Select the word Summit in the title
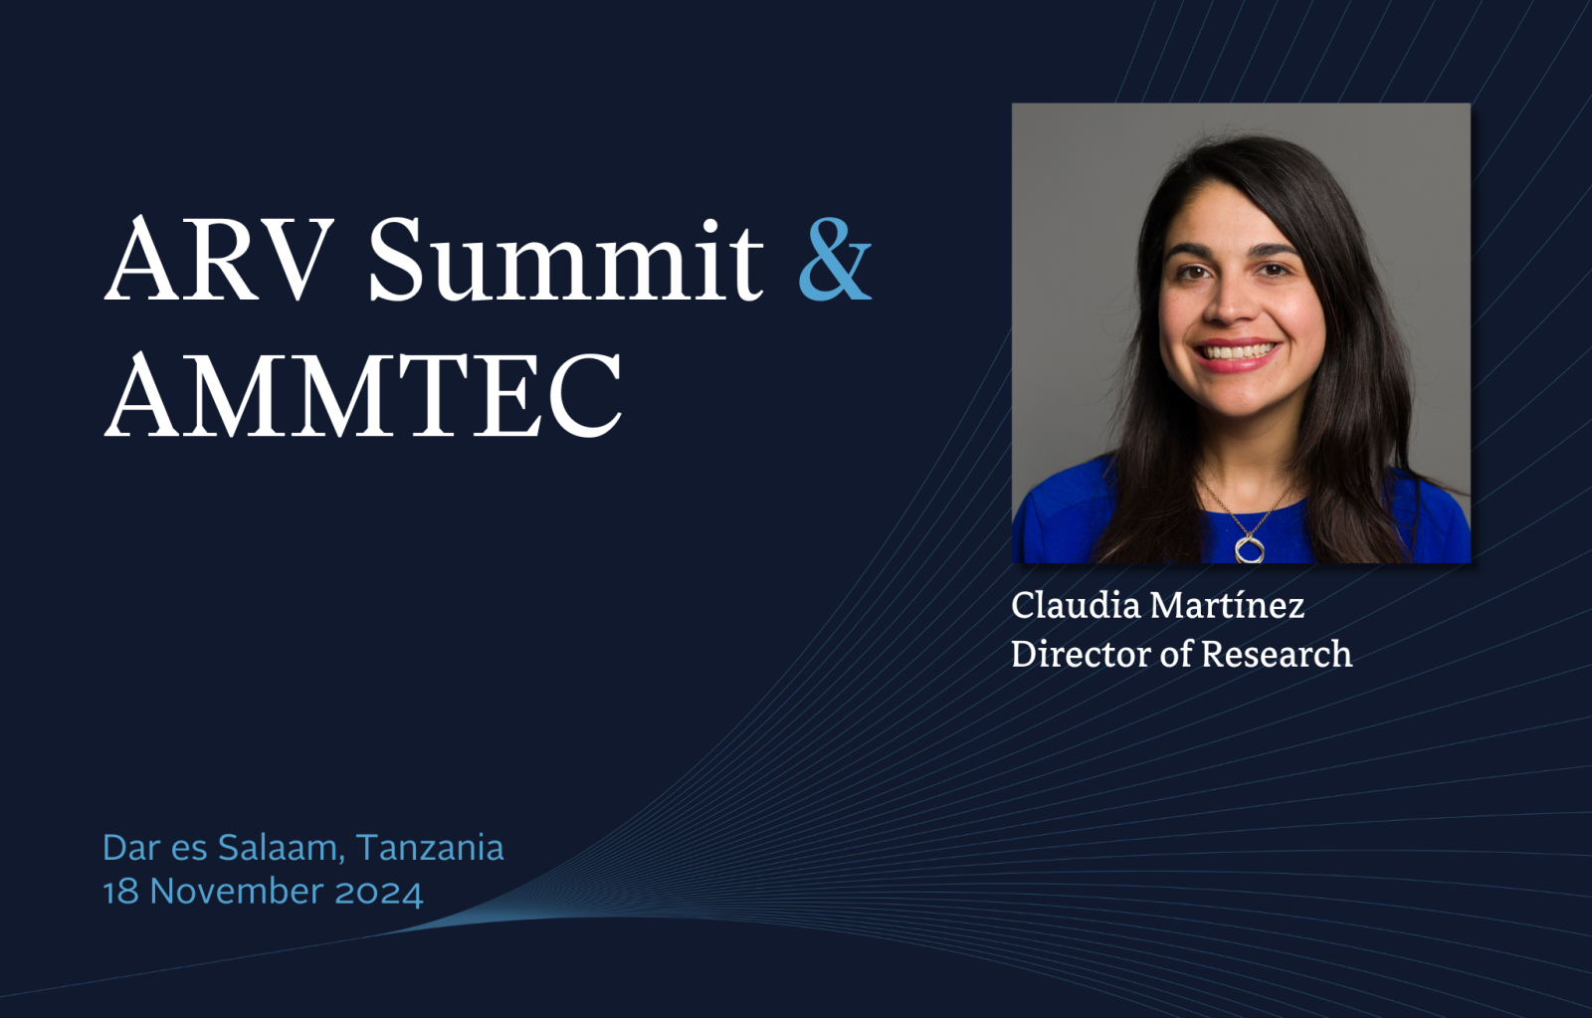[566, 258]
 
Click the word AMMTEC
[363, 392]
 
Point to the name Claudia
[1076, 606]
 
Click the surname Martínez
[1227, 606]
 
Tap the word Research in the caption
[1278, 654]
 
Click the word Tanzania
[429, 848]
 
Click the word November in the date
[237, 892]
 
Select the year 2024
[379, 893]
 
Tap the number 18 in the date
[120, 893]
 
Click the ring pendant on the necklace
[1249, 548]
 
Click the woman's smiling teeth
[1238, 351]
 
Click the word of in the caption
[1175, 654]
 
